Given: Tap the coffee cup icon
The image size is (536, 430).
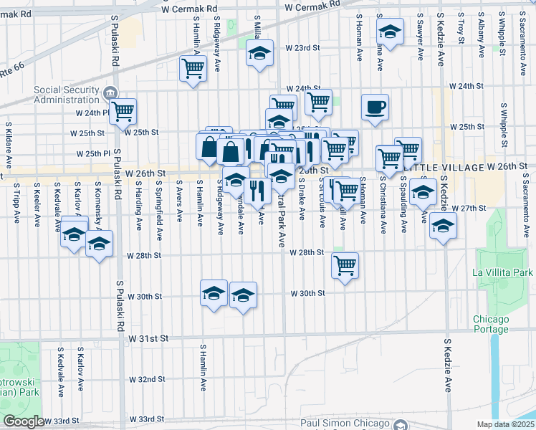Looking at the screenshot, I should click(375, 108).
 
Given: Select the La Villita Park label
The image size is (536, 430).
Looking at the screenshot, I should click(502, 273).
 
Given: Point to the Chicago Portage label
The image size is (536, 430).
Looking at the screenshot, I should click(491, 324).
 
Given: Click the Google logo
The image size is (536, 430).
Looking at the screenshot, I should click(24, 422).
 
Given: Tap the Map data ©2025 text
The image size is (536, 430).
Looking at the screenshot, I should click(506, 424).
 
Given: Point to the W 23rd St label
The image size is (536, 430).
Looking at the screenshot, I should click(302, 48).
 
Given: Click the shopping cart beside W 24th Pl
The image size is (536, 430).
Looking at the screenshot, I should click(123, 111).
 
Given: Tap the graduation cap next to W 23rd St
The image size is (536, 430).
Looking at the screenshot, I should click(259, 53).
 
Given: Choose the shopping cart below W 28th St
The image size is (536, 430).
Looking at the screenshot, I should click(345, 266).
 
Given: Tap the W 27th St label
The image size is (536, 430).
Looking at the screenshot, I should click(473, 208).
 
